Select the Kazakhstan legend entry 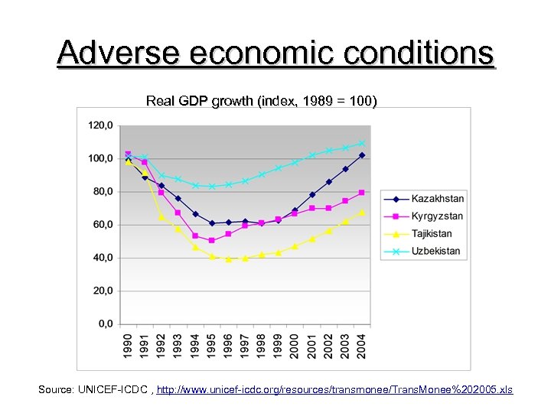437,198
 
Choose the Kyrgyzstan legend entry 437,216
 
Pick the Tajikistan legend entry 432,233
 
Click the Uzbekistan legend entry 435,251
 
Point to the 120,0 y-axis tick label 100,125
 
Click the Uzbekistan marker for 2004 362,143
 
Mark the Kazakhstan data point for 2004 362,155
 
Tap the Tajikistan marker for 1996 228,259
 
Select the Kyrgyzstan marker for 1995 211,240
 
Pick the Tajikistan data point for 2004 362,212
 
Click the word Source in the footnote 55,390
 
